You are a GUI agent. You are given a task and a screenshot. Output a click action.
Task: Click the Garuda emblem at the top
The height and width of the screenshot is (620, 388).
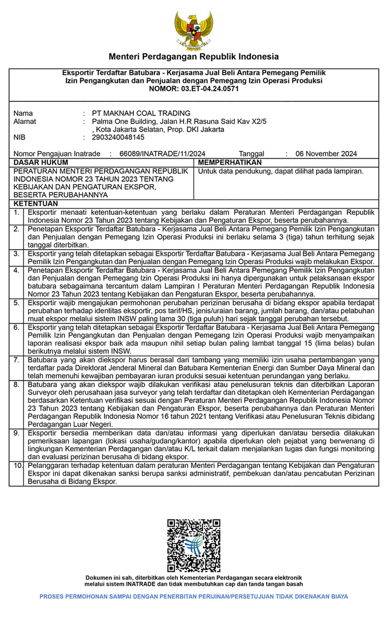click(193, 31)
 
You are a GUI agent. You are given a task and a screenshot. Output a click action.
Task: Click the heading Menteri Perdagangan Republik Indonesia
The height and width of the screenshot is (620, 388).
click(194, 57)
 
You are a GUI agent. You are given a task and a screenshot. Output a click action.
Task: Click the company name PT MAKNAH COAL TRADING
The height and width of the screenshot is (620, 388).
click(141, 113)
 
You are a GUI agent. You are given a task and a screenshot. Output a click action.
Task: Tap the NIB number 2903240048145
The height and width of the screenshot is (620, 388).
click(118, 137)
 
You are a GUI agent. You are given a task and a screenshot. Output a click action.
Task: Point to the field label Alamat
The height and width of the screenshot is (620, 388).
click(25, 121)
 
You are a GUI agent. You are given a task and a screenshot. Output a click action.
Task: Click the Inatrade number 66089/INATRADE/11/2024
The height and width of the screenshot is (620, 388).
click(162, 153)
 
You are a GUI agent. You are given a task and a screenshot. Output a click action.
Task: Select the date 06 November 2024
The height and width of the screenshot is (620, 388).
click(326, 153)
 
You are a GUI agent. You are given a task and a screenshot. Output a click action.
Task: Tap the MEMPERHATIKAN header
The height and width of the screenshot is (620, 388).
click(230, 163)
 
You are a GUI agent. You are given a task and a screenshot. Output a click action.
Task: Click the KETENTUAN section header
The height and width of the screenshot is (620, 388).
click(36, 204)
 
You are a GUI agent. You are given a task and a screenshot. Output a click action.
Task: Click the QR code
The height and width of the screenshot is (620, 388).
click(193, 546)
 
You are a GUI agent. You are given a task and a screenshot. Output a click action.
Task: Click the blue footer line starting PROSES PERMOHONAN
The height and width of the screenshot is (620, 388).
click(194, 596)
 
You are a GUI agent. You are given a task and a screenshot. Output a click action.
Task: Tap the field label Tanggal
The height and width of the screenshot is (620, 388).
click(251, 153)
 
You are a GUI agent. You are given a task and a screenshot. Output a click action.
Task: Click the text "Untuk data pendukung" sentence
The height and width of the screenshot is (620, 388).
click(281, 171)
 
